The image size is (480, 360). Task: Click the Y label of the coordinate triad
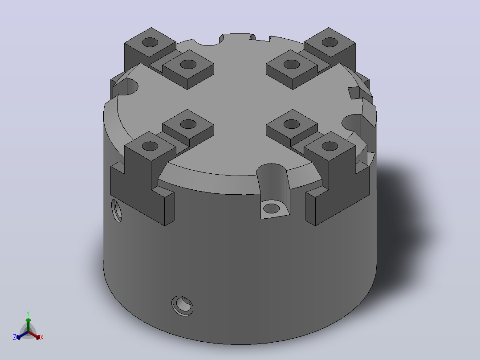coord(28,314)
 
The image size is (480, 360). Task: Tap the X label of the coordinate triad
coord(42,337)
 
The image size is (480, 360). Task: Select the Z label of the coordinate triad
coord(14,337)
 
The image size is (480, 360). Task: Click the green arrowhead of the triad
coord(28,320)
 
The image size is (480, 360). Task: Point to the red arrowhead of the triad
coord(38,337)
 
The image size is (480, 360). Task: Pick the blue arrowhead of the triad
coord(19,337)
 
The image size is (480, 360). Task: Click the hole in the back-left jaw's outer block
coord(150,42)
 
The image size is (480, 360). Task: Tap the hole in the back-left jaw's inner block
coord(188,64)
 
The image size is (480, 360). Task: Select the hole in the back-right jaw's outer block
coord(329,42)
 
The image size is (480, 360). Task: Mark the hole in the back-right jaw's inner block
coord(291,64)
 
